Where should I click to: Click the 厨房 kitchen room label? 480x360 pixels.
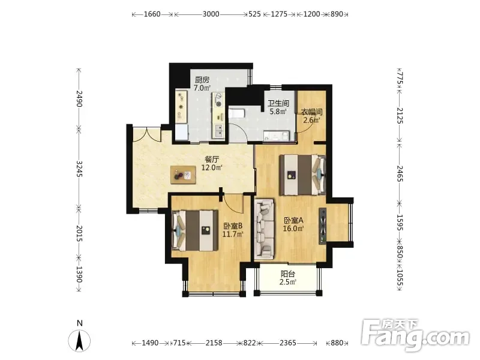[202, 80]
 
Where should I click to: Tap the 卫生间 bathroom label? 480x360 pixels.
[278, 103]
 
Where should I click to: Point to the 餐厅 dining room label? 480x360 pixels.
[212, 159]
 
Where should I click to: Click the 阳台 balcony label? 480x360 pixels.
[288, 274]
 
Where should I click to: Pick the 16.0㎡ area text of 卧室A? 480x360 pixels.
[293, 229]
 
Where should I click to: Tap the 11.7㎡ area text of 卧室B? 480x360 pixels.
[233, 235]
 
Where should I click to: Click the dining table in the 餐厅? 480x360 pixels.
[184, 175]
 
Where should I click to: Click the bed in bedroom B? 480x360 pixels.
[195, 230]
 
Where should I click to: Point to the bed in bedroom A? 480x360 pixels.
[303, 175]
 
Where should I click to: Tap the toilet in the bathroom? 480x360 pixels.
[236, 113]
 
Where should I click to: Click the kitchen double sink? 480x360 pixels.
[219, 131]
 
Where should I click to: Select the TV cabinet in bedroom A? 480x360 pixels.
[323, 226]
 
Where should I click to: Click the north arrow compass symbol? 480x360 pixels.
[79, 340]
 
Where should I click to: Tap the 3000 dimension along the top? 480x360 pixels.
[211, 14]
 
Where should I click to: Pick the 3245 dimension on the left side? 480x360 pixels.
[79, 169]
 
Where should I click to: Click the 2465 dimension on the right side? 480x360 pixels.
[400, 173]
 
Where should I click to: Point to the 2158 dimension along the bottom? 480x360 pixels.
[214, 343]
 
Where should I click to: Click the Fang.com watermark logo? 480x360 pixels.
[415, 335]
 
